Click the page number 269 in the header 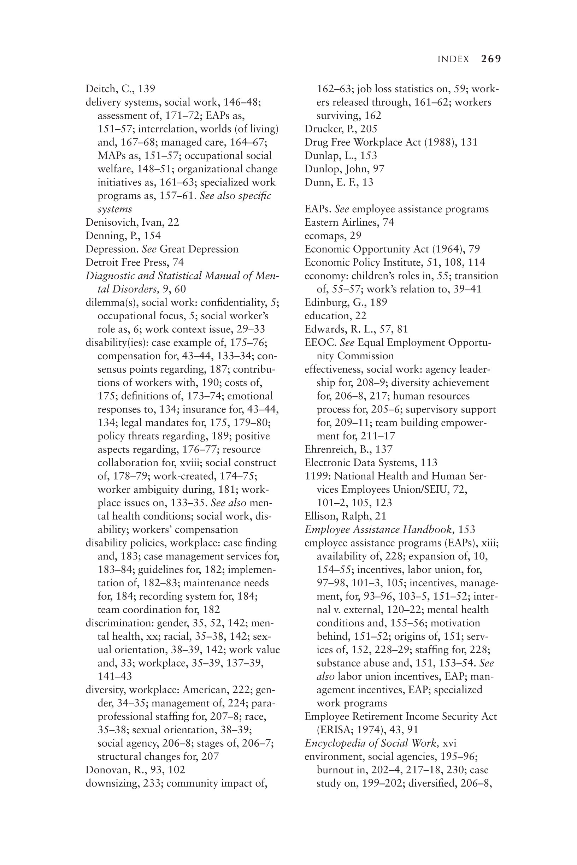point(491,59)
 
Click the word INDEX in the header point(453,59)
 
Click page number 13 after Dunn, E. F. point(367,182)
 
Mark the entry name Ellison point(320,516)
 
